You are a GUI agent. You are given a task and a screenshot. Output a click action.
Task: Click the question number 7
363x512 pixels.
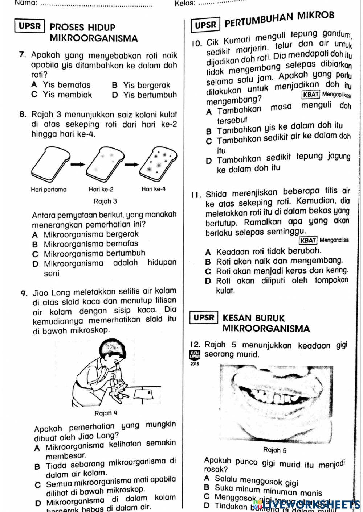(x=23, y=55)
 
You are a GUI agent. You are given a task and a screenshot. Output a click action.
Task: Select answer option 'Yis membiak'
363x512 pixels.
(x=68, y=95)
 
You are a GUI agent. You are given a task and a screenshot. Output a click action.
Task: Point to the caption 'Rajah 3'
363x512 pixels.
(x=105, y=201)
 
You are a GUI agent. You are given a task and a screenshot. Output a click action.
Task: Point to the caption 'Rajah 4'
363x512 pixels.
(x=106, y=413)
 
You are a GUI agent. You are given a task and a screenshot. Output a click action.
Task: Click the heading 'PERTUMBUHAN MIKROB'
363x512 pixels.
(x=279, y=20)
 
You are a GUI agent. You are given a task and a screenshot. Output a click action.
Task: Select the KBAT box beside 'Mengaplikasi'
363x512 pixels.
(x=311, y=95)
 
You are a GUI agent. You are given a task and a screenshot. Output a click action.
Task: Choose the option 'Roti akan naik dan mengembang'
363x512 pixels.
(x=279, y=261)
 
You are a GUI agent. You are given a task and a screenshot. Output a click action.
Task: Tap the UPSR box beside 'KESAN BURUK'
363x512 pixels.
(x=204, y=318)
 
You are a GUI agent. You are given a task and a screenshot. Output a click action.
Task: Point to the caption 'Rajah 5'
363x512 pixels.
(x=274, y=450)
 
